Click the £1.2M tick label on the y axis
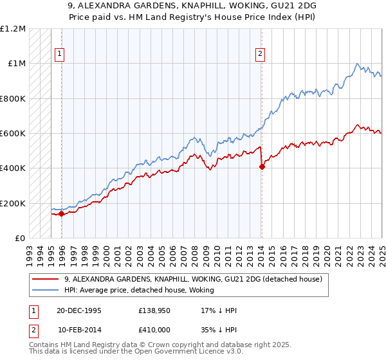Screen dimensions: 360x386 pos(13,29)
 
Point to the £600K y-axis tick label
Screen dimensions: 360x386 pos(13,134)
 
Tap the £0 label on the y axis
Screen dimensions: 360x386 pos(21,238)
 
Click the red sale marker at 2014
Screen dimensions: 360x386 pos(262,166)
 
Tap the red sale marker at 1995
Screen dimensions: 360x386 pos(62,214)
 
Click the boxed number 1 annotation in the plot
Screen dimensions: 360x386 pos(59,55)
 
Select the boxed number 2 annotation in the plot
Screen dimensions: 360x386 pos(261,55)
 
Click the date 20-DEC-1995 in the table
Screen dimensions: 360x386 pos(79,310)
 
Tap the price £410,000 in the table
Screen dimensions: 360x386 pos(155,329)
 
